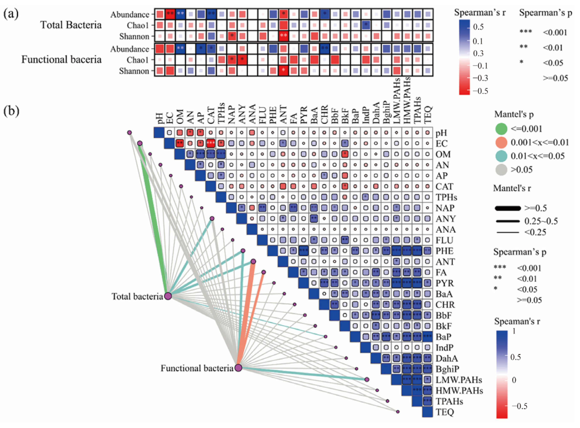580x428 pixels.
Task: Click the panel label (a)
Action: tap(11, 14)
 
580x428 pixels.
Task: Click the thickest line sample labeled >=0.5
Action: tap(508, 208)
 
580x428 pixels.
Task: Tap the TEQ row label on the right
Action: tap(444, 412)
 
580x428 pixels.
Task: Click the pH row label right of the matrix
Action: tap(441, 133)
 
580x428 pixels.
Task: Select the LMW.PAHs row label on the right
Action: tap(459, 380)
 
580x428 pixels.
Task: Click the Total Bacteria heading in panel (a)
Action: tap(71, 25)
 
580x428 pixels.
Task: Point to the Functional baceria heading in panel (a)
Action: tap(61, 59)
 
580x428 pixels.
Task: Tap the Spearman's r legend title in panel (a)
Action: tap(480, 12)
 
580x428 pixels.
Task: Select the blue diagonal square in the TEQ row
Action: tap(427, 412)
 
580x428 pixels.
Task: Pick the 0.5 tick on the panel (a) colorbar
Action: tap(478, 27)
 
